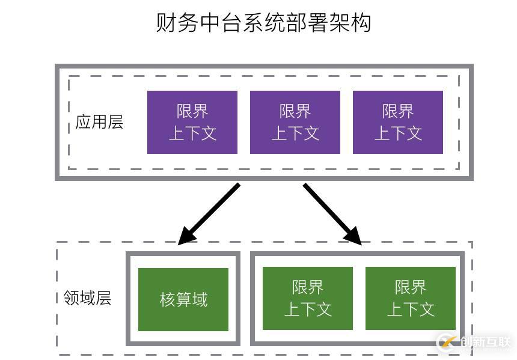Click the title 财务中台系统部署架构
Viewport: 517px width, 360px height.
263,22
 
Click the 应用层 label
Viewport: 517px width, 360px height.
99,122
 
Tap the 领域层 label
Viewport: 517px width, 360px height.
87,298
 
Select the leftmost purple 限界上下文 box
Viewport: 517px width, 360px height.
192,122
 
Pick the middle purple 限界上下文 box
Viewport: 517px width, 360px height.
295,122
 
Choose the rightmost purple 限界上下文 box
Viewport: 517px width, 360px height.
398,122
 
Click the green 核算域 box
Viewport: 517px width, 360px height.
183,299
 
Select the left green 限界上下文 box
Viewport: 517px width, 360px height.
308,299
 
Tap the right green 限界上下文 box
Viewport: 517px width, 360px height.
411,299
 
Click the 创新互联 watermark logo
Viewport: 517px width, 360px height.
475,342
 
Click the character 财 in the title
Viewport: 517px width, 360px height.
166,22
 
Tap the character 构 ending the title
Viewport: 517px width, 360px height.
361,22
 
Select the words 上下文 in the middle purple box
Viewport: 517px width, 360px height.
295,133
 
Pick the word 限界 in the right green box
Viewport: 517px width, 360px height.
411,287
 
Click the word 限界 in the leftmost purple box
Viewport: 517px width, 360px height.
192,111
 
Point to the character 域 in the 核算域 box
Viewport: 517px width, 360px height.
200,299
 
